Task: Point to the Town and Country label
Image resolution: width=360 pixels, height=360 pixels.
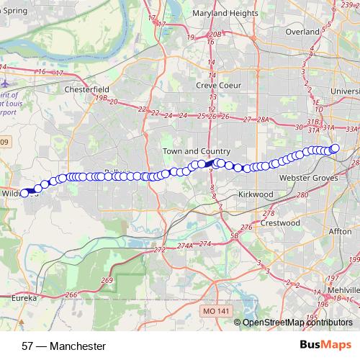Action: (196, 151)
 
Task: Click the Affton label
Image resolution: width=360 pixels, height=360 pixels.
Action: (339, 232)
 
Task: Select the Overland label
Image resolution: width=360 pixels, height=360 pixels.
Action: (302, 32)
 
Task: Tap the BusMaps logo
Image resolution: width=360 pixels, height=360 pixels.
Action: (325, 346)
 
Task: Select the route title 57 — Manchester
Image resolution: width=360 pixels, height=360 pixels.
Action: (64, 346)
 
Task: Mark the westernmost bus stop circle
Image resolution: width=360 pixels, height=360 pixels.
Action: (24, 193)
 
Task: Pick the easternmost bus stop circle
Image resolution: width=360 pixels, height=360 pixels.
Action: (335, 148)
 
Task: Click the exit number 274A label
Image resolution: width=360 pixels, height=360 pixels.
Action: (185, 246)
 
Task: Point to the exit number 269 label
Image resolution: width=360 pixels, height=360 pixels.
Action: (107, 280)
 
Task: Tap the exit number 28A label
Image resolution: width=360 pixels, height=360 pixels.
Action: (262, 120)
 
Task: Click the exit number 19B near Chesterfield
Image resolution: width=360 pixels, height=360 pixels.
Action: (101, 97)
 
